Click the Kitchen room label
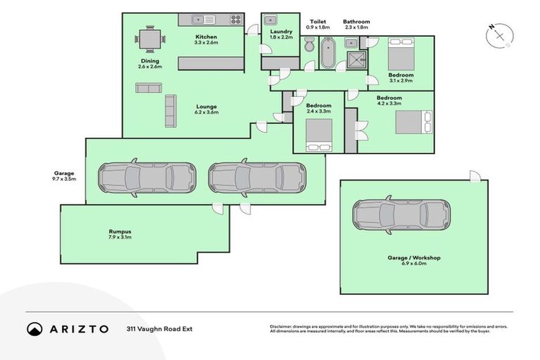pos(206,37)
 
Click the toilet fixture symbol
pos(309,46)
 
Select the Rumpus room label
pos(120,231)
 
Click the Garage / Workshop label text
pos(413,258)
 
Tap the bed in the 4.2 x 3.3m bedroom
pos(411,122)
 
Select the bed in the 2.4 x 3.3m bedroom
pos(319,134)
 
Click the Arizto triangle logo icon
pos(34,328)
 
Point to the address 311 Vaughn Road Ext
pos(159,328)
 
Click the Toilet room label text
pos(318,22)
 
